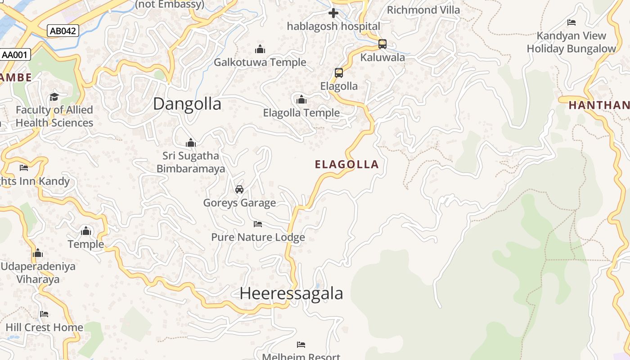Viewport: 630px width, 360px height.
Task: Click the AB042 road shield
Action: click(63, 31)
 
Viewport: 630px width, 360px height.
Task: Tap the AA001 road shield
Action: click(15, 55)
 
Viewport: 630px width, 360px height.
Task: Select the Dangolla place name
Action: click(187, 104)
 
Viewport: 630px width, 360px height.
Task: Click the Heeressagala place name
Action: click(291, 293)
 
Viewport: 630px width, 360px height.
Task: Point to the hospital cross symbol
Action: click(333, 13)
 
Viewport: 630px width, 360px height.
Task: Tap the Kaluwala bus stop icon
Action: click(382, 44)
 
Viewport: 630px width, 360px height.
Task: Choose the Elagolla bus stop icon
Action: click(339, 73)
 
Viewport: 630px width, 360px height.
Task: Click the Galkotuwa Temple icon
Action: click(260, 49)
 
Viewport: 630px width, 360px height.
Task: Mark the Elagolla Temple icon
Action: click(301, 99)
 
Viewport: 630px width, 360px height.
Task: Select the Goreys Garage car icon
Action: click(239, 189)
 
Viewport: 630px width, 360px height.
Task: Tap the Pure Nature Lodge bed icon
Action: click(258, 224)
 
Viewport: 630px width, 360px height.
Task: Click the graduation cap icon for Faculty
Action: click(54, 97)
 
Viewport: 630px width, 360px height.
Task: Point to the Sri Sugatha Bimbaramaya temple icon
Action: click(191, 143)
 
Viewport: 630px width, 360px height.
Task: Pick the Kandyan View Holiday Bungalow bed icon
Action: click(571, 22)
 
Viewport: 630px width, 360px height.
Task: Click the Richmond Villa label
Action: click(423, 10)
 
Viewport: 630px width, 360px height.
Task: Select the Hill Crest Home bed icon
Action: click(44, 314)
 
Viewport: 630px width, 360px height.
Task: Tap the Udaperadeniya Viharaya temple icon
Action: click(38, 253)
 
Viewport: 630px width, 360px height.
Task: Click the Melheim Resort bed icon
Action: click(301, 345)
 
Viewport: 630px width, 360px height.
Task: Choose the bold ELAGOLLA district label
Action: click(346, 165)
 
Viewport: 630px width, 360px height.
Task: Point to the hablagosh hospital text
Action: click(333, 26)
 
